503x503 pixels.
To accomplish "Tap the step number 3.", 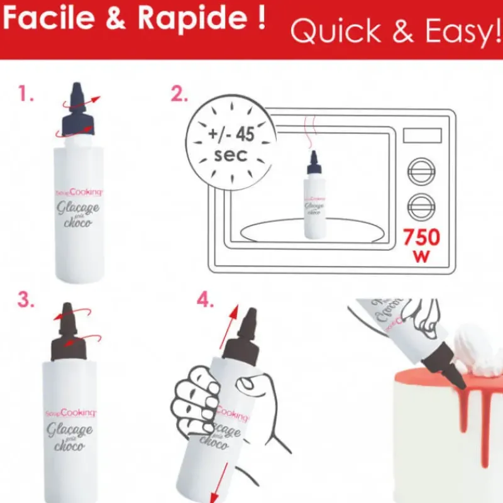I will coord(26,299).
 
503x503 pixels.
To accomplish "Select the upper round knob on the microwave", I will coord(421,170).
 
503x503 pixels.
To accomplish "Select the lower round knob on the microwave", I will coord(421,206).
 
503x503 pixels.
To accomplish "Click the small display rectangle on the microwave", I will coord(421,135).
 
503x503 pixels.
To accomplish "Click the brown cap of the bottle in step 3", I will coord(70,338).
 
